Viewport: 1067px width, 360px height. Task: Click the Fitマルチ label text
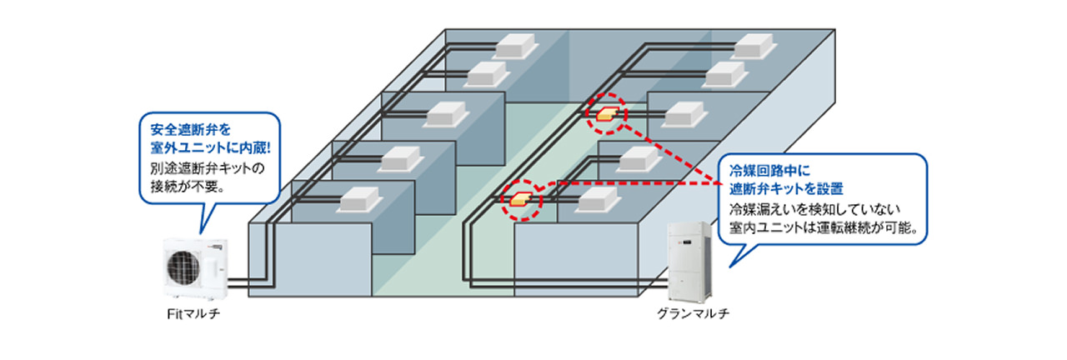(x=194, y=316)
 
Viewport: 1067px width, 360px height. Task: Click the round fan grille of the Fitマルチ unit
(x=186, y=266)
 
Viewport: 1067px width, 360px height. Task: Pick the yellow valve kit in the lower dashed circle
(x=520, y=198)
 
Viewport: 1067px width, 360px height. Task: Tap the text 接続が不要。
(x=185, y=187)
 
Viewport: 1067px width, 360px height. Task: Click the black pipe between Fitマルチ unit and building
(x=237, y=283)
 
